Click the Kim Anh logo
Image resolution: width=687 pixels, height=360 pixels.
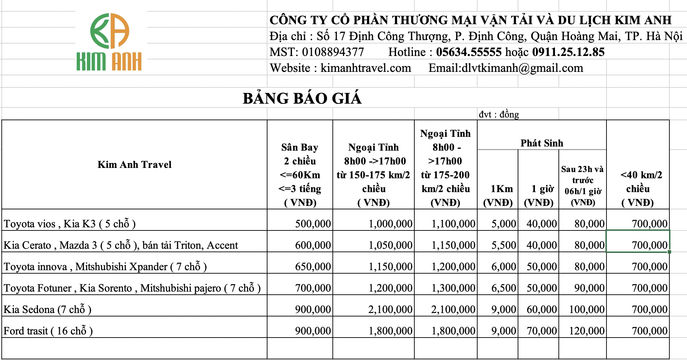110,42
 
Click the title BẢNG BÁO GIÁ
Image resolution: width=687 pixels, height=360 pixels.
302,98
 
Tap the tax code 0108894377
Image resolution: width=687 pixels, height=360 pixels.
333,52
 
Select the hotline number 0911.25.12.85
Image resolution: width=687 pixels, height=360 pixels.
568,52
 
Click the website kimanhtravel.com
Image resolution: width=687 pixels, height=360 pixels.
366,68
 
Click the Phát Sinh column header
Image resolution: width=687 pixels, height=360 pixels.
542,143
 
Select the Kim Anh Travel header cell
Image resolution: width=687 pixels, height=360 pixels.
134,164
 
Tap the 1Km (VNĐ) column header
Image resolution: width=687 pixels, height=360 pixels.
498,195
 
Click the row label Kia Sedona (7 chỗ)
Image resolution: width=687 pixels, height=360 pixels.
47,309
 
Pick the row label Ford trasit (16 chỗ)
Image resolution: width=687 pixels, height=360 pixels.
48,331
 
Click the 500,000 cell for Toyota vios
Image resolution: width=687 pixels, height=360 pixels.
313,224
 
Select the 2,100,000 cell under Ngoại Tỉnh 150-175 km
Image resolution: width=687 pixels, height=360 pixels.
390,309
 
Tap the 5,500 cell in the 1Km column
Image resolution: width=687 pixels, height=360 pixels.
504,245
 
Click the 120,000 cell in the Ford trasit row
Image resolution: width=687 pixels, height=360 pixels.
586,331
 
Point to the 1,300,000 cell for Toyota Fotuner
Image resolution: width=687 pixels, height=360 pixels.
453,288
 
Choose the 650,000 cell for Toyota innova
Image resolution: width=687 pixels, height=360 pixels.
313,266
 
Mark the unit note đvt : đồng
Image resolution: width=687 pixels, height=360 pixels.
499,114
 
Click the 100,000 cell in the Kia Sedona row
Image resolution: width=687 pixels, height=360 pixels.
586,309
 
